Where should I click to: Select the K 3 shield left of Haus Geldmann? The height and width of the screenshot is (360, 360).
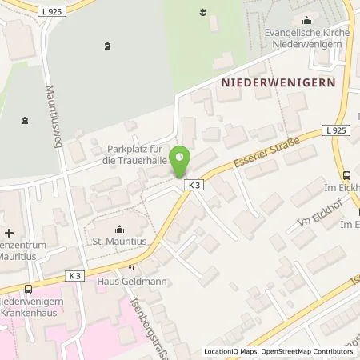pyautogui.click(x=75, y=275)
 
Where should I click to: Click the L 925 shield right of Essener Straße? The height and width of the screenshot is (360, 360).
pyautogui.click(x=336, y=129)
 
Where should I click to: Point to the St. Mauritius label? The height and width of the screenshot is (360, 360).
pyautogui.click(x=118, y=239)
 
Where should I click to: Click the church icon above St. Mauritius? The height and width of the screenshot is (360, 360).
pyautogui.click(x=118, y=226)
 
